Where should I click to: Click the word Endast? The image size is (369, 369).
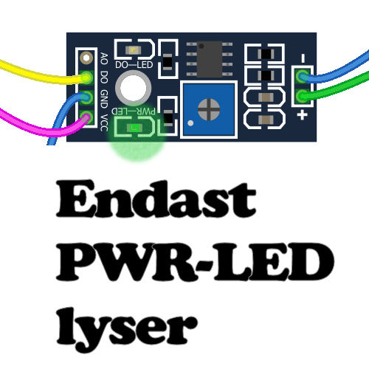pyautogui.click(x=156, y=199)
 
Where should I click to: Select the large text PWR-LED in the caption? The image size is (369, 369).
pyautogui.click(x=195, y=262)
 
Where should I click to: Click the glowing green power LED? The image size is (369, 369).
pyautogui.click(x=134, y=128)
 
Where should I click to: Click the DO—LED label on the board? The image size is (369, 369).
pyautogui.click(x=134, y=65)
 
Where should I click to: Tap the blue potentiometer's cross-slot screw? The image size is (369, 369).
pyautogui.click(x=209, y=109)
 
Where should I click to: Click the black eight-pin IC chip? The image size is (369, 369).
pyautogui.click(x=210, y=59)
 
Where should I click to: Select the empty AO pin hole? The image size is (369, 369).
pyautogui.click(x=86, y=58)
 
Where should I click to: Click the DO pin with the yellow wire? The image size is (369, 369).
pyautogui.click(x=86, y=77)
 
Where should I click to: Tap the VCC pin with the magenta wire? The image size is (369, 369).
pyautogui.click(x=86, y=117)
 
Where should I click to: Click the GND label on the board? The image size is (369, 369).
pyautogui.click(x=104, y=99)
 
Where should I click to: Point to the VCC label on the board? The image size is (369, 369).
pyautogui.click(x=104, y=123)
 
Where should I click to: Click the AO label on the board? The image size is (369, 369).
pyautogui.click(x=104, y=58)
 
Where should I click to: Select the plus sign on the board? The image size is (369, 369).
pyautogui.click(x=303, y=115)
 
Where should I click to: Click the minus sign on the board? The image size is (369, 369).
pyautogui.click(x=303, y=58)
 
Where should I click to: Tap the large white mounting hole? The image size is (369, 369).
pyautogui.click(x=133, y=88)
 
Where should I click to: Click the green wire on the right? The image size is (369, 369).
pyautogui.click(x=337, y=87)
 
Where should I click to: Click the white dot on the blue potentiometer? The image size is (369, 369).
pyautogui.click(x=190, y=123)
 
